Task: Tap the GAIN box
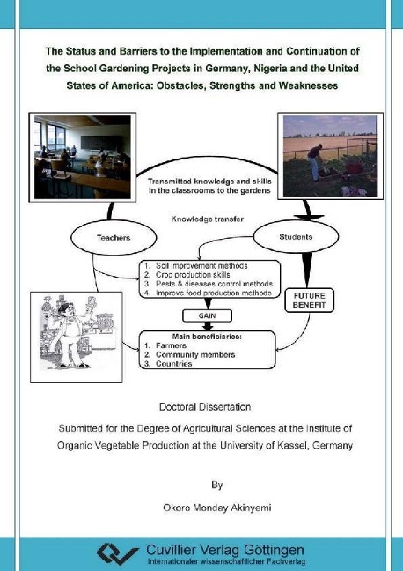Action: click(207, 315)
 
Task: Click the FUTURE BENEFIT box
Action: click(309, 300)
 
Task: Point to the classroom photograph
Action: click(82, 157)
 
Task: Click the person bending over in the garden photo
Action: click(315, 161)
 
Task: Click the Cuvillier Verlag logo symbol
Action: click(118, 554)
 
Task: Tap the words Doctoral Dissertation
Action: click(205, 407)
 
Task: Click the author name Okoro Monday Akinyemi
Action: click(217, 508)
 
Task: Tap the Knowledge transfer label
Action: click(208, 219)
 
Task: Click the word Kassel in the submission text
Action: click(293, 445)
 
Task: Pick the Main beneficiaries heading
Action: click(207, 337)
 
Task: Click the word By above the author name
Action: click(216, 485)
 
